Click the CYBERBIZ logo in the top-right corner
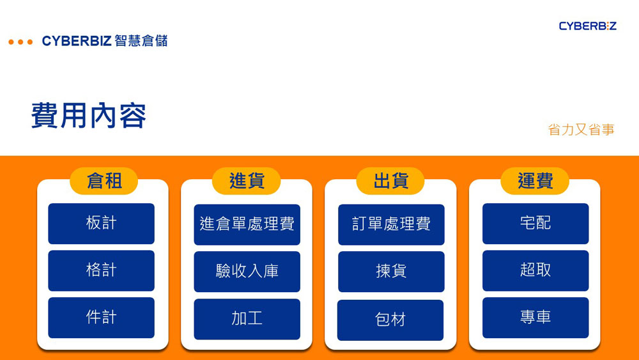click(587, 26)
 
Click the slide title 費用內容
click(89, 116)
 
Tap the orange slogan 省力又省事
click(581, 130)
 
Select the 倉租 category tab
click(104, 181)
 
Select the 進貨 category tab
click(247, 181)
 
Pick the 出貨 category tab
click(390, 181)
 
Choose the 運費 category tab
click(535, 181)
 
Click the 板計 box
click(101, 223)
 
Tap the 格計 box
click(101, 270)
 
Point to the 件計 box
click(101, 317)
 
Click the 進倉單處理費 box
click(247, 224)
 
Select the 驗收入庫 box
click(247, 272)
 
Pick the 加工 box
click(247, 318)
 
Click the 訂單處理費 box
click(391, 224)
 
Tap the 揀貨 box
click(391, 272)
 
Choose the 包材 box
click(390, 320)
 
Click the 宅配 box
click(535, 223)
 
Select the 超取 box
click(535, 270)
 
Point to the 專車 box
click(535, 317)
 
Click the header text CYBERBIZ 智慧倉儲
click(105, 42)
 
